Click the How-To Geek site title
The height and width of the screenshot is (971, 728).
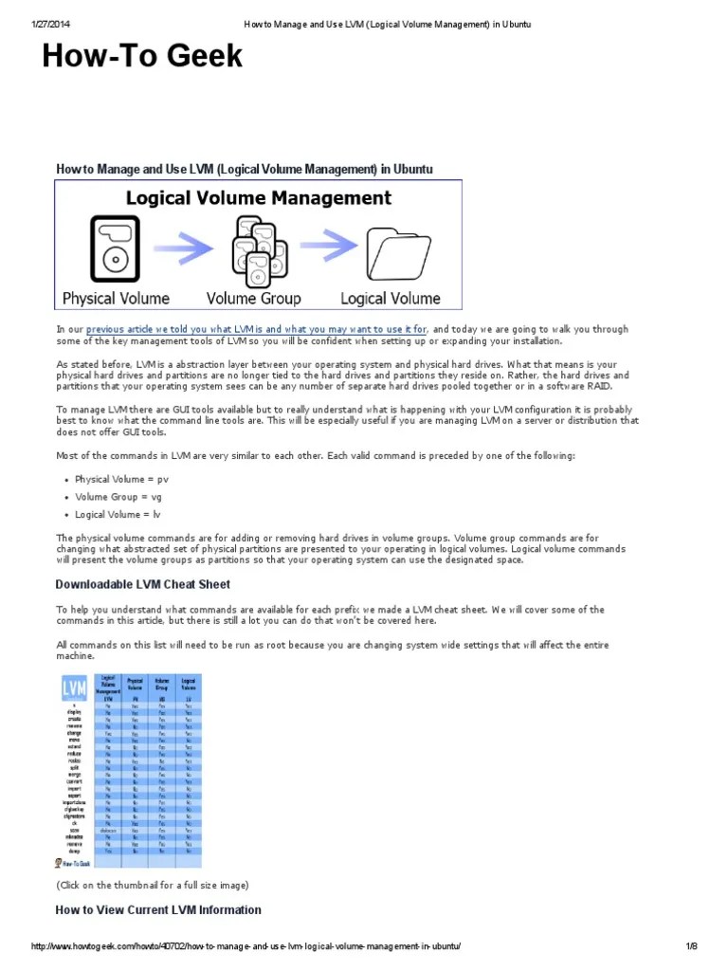pos(142,57)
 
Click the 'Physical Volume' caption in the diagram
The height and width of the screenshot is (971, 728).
pos(116,298)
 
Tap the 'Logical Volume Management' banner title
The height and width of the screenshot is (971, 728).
pos(259,198)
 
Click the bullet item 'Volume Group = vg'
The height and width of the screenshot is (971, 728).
pos(119,497)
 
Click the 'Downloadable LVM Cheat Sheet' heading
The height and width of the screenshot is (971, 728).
pos(142,584)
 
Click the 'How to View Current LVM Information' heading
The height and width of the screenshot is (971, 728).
pos(158,910)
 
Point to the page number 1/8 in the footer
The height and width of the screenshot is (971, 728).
pos(691,947)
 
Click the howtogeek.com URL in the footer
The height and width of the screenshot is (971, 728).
pos(246,947)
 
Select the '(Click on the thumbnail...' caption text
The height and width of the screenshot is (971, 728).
pos(152,885)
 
